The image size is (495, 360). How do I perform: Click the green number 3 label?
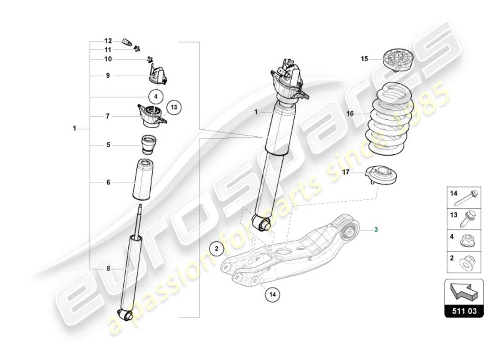coord(377,229)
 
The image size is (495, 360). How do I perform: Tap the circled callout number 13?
coord(175,107)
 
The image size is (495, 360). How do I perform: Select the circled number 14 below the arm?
coord(272,295)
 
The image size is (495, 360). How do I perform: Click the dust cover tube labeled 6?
coord(143,180)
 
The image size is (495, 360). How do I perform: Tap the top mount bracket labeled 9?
coord(157,75)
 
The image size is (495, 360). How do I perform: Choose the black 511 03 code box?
coord(464,311)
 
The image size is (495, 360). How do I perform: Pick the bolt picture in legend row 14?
coord(470,198)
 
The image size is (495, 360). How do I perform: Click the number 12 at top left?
coord(108,41)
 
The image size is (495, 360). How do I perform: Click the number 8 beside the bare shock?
coord(108,268)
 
